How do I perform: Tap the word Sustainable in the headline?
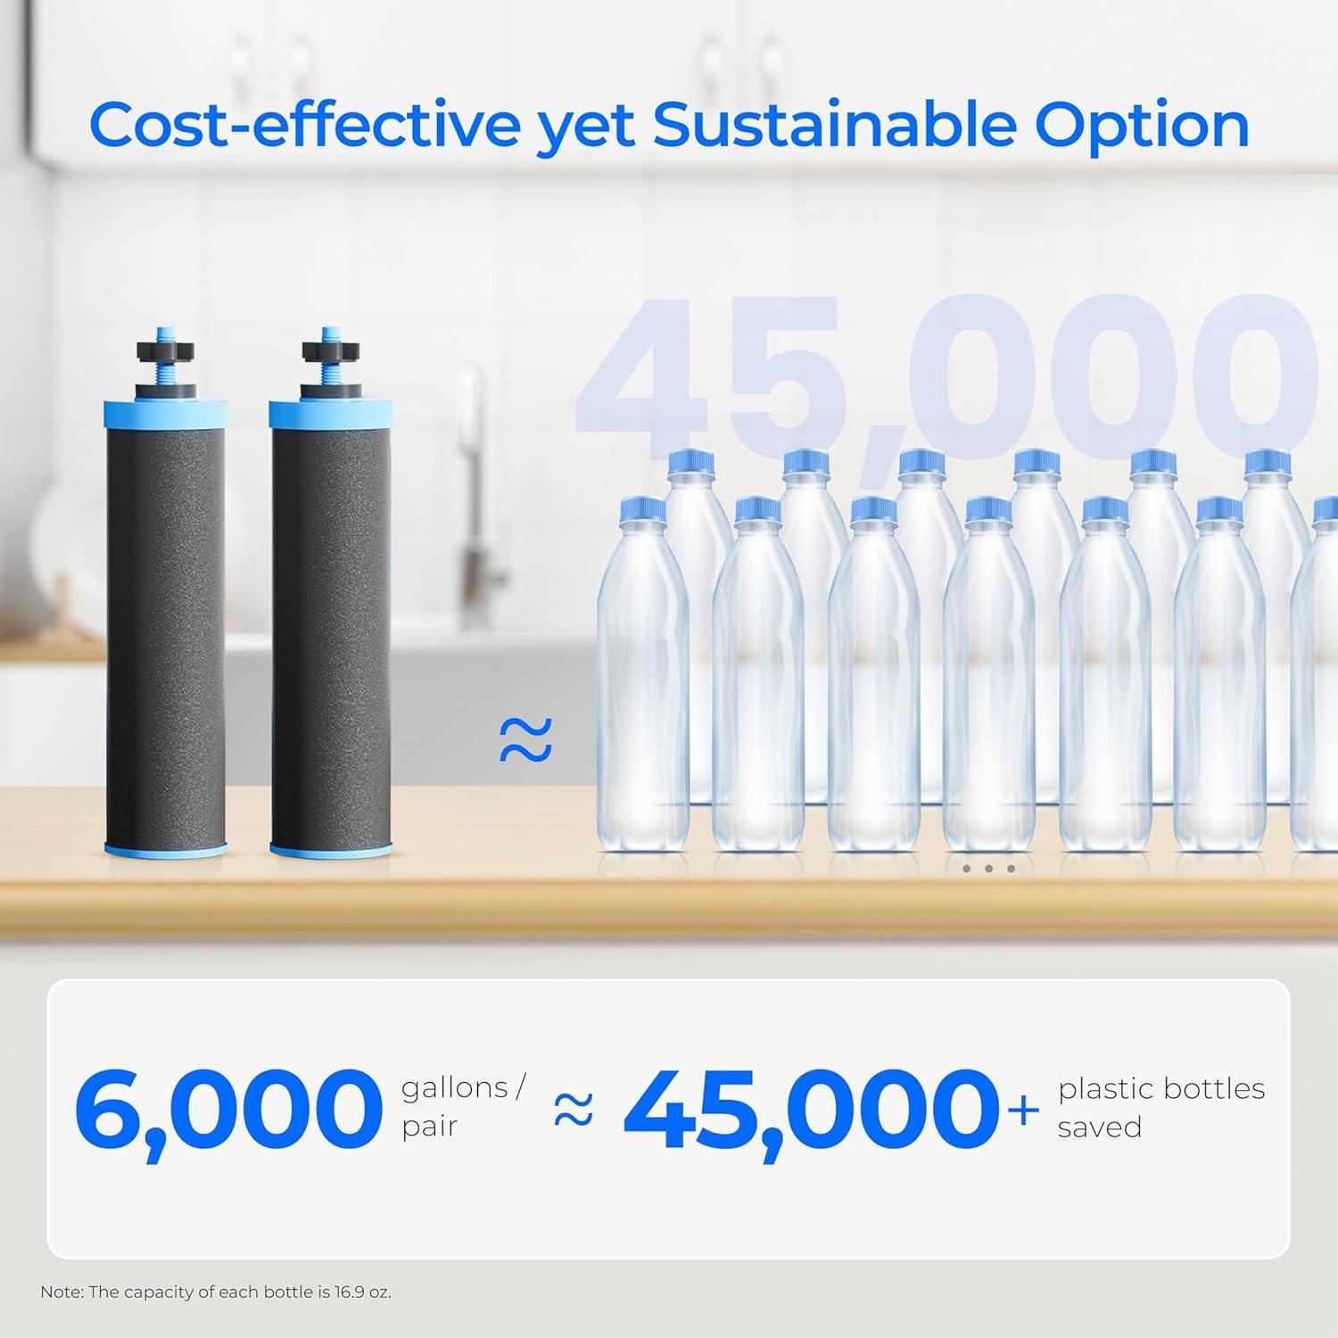click(x=834, y=126)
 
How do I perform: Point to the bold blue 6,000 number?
click(x=227, y=1111)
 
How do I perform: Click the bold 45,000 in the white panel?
click(x=812, y=1111)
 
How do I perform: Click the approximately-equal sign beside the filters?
click(x=525, y=740)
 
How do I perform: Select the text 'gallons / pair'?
click(x=462, y=1106)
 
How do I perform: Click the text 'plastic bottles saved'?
click(x=1160, y=1107)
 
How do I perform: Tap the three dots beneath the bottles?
click(x=988, y=868)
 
